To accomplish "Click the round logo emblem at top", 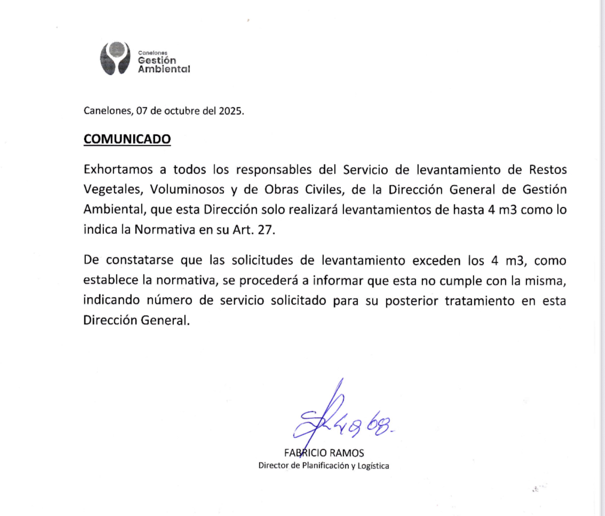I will point(115,58).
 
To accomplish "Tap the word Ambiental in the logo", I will point(164,69).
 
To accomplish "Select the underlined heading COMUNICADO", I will point(128,139).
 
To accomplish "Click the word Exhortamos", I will point(118,170).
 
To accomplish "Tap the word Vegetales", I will point(113,190).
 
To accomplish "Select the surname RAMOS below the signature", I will point(347,453).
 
